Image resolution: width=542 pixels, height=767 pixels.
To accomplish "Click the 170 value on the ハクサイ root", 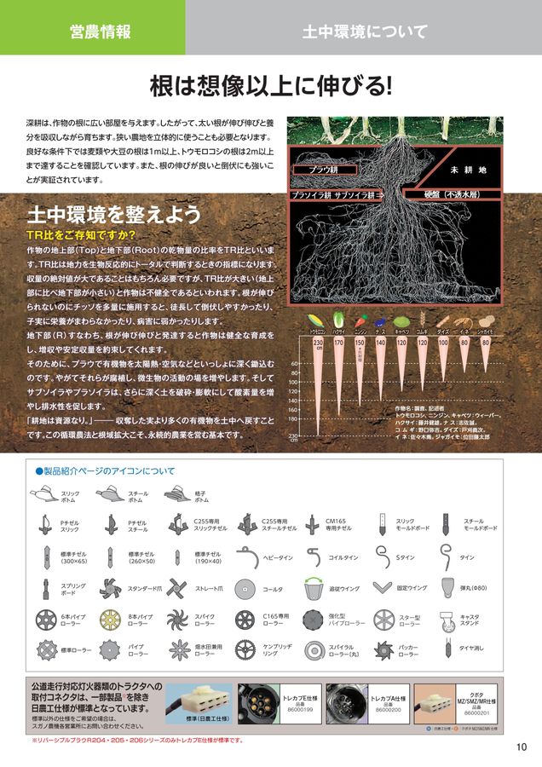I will coord(338,343).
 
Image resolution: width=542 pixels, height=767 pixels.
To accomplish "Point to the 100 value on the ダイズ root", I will coord(443,343).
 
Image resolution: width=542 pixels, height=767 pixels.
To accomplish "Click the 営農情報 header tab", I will coord(101,32).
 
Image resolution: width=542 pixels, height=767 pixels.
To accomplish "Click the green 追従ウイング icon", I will coord(313,587).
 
